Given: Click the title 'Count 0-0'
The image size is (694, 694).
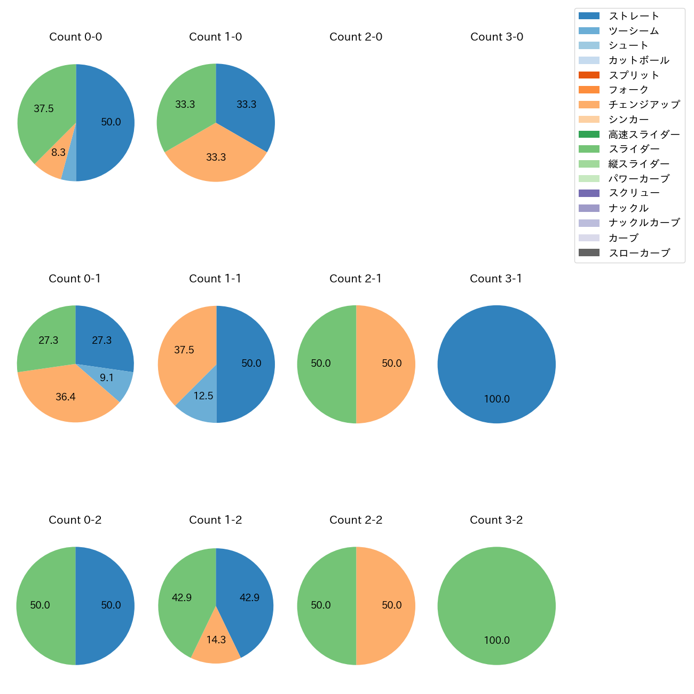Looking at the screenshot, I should click(76, 37).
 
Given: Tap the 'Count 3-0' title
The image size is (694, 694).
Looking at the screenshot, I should click(496, 37).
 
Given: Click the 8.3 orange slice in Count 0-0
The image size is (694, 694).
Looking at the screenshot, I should click(53, 160).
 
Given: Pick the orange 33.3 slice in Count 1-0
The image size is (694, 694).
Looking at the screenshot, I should click(216, 158).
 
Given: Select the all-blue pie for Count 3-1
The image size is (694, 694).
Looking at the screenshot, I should click(496, 364).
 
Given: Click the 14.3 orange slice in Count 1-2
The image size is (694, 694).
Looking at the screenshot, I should click(216, 643).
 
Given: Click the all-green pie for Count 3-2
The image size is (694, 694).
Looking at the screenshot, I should click(496, 606).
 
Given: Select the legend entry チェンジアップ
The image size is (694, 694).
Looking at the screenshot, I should click(644, 105).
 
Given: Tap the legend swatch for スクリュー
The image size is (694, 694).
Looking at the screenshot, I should click(589, 193).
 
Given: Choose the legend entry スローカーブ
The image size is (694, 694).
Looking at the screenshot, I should click(638, 253).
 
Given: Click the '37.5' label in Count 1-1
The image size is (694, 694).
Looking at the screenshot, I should click(184, 350).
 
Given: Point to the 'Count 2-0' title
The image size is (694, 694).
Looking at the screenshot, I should click(356, 37).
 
